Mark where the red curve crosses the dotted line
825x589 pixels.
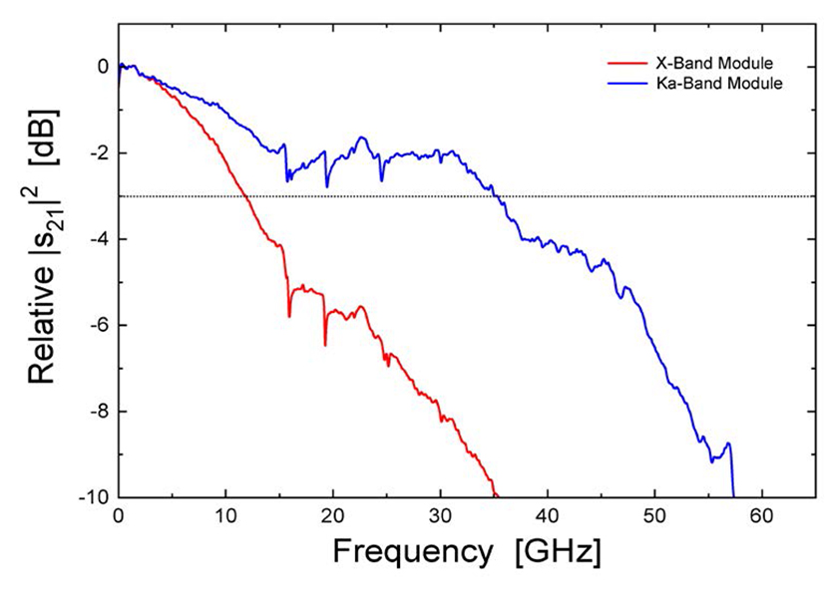point(244,196)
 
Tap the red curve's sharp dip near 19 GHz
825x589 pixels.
point(325,343)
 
